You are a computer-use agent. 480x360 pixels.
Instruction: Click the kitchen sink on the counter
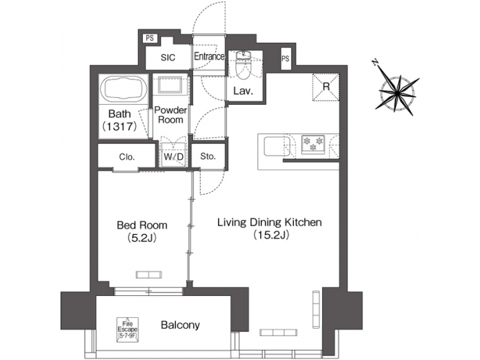[x=275, y=145]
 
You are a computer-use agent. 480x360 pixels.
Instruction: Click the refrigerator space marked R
[x=328, y=86]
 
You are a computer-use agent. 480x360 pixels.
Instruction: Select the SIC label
[x=167, y=58]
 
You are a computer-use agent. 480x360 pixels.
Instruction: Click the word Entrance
[x=209, y=57]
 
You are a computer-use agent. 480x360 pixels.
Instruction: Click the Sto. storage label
[x=207, y=157]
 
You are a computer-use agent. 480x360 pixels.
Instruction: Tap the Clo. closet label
[x=127, y=158]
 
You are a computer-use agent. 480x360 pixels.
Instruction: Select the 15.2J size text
[x=270, y=235]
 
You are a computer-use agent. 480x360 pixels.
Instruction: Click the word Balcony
[x=180, y=325]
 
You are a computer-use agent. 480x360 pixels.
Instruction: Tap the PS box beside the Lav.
[x=285, y=59]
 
